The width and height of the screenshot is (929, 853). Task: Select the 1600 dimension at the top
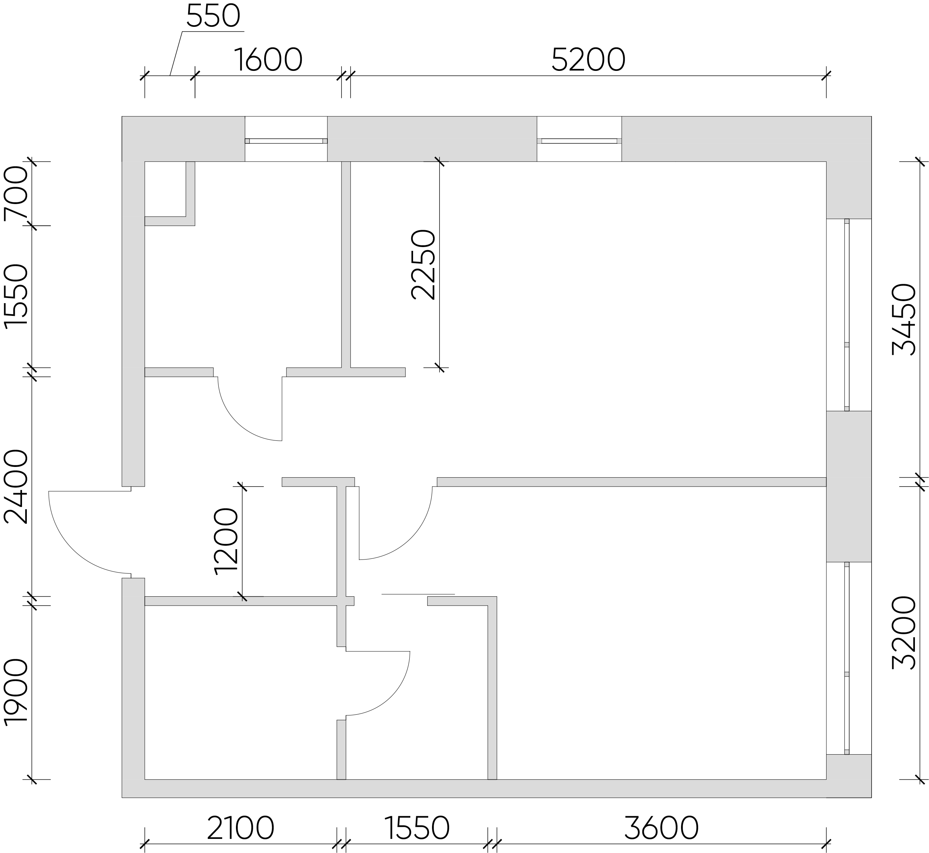click(269, 60)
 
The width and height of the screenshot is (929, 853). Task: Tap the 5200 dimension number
click(588, 60)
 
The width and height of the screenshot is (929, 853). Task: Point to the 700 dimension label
click(16, 193)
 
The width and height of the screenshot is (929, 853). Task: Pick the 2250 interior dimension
click(423, 265)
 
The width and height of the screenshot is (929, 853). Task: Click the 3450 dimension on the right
click(904, 319)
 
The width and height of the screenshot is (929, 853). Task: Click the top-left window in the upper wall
click(286, 141)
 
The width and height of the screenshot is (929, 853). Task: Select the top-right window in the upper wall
click(579, 141)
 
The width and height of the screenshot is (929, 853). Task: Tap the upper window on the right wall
click(847, 315)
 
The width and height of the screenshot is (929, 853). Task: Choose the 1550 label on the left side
click(16, 296)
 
